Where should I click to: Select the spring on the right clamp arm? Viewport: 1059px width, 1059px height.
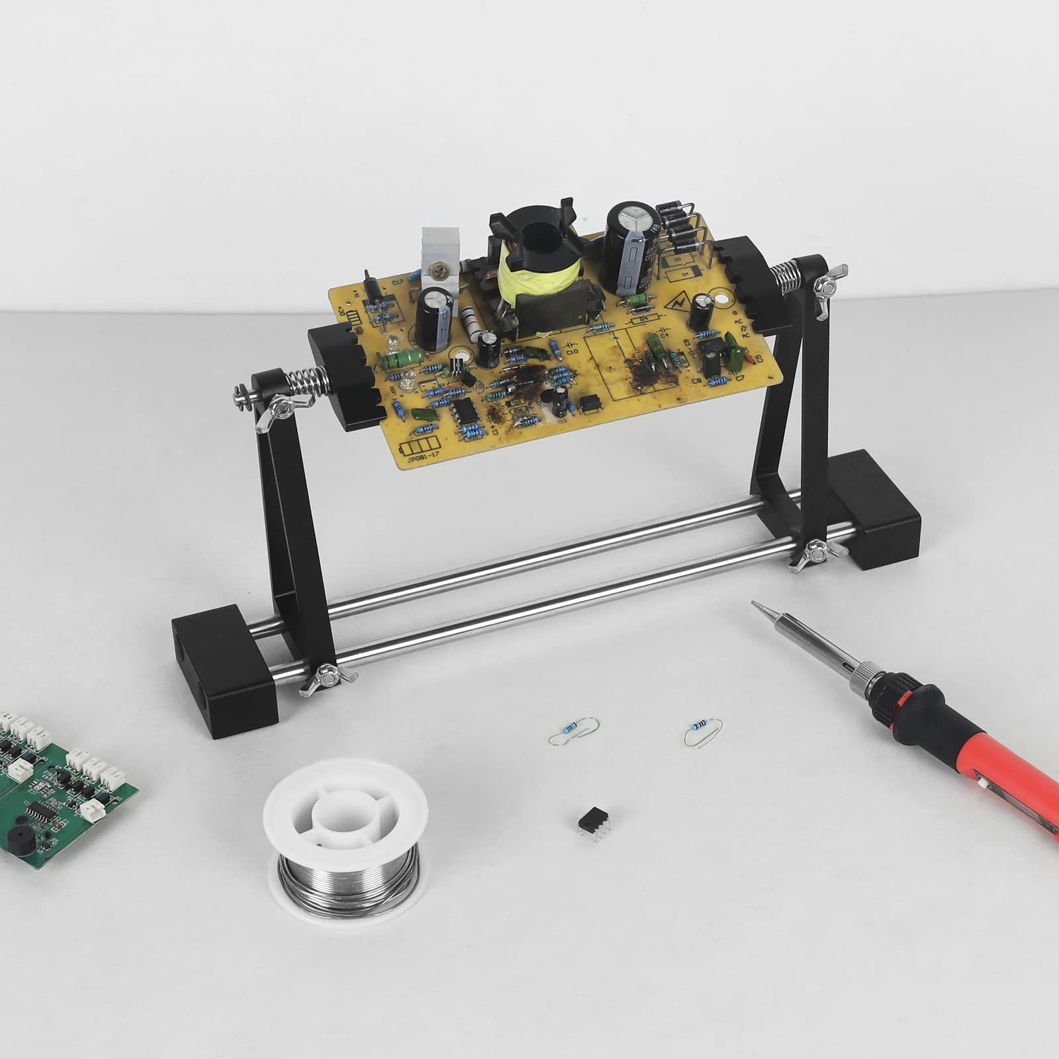pos(788,277)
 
